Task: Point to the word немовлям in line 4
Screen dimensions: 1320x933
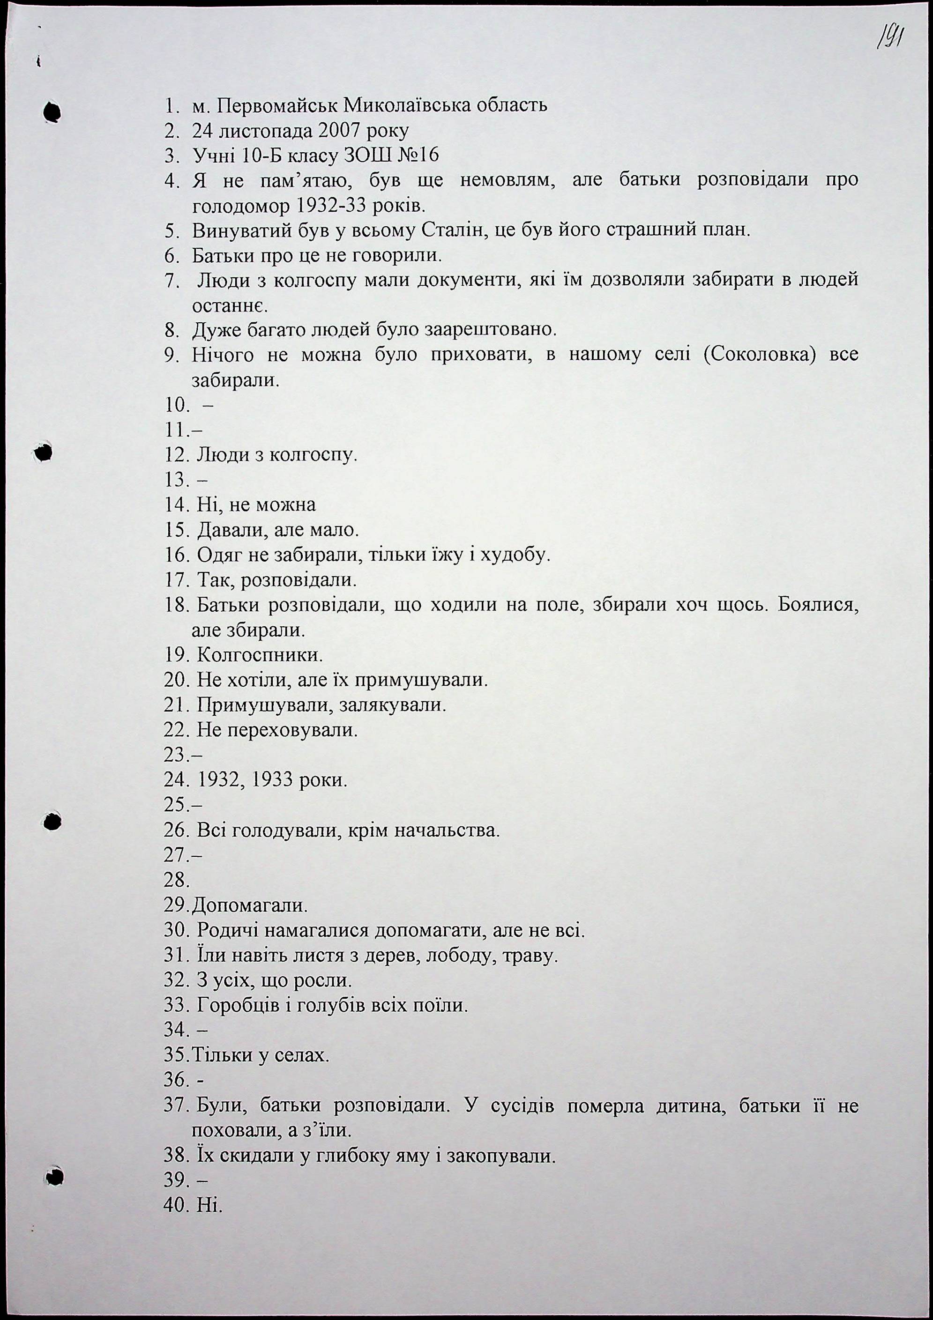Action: pos(506,180)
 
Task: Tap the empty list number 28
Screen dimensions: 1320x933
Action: pos(176,880)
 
